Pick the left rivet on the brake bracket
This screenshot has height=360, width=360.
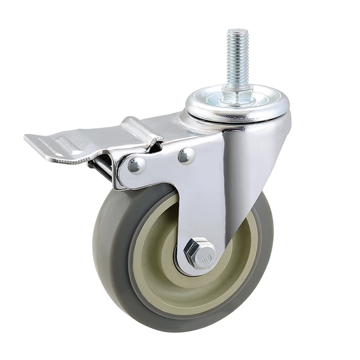[137, 165]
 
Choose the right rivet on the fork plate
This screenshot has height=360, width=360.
[186, 155]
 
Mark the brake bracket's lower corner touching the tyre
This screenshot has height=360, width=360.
[120, 185]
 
